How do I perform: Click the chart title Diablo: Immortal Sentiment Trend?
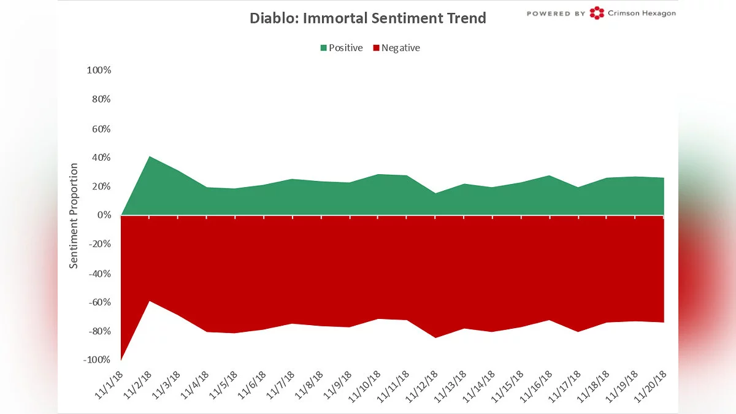click(x=367, y=18)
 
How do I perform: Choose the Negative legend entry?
click(x=396, y=48)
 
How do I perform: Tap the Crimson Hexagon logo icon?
click(x=596, y=13)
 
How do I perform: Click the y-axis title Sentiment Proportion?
click(x=74, y=215)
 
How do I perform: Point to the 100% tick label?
click(x=99, y=71)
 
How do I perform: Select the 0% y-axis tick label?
click(x=104, y=215)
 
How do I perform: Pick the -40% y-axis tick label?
click(x=99, y=274)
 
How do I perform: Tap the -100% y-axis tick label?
click(x=97, y=360)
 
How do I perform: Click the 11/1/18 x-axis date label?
click(x=109, y=385)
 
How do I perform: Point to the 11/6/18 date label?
click(x=253, y=385)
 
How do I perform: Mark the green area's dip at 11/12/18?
click(x=435, y=194)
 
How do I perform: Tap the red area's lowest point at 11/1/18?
click(x=122, y=359)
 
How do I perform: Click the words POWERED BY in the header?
click(x=556, y=13)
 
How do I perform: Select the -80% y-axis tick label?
click(x=99, y=331)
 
